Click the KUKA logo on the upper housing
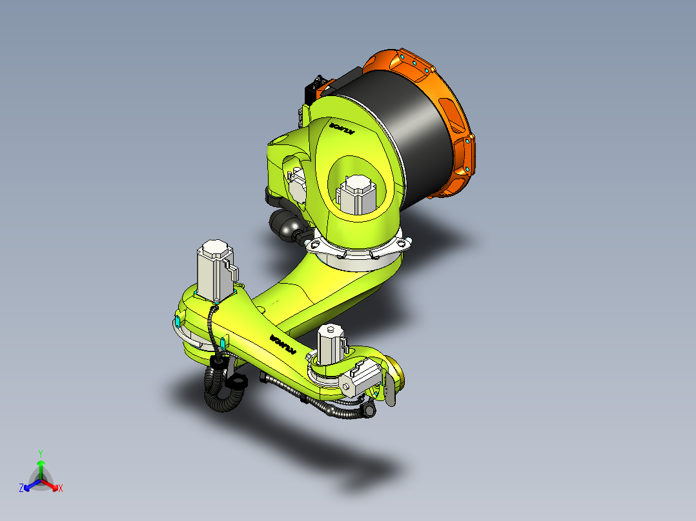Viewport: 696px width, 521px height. click(343, 127)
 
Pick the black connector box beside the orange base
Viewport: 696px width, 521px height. click(316, 88)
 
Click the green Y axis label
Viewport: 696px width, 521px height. click(41, 453)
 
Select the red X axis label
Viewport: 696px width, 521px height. click(61, 489)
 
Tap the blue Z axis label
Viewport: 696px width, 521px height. click(21, 489)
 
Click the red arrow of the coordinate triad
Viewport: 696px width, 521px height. click(52, 485)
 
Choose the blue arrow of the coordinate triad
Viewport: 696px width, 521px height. click(30, 485)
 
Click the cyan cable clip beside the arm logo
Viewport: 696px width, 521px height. click(223, 341)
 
